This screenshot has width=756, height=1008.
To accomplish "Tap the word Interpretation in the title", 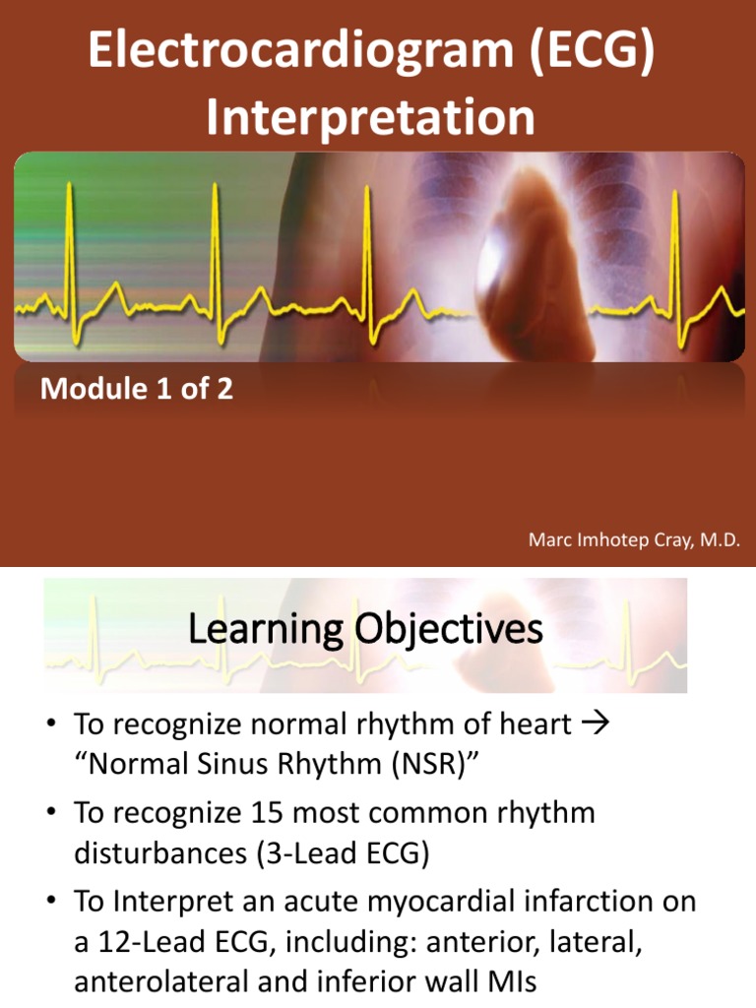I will point(371,117).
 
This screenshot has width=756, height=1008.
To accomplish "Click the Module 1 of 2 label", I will point(136,389).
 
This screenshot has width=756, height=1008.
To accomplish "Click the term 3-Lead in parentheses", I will point(314,853).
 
